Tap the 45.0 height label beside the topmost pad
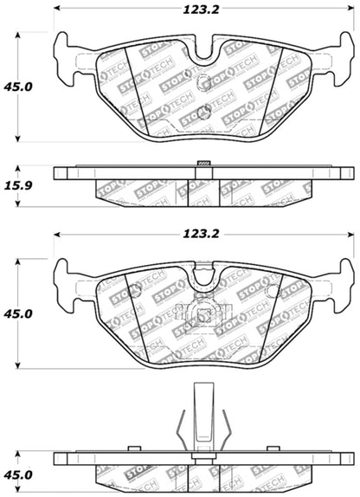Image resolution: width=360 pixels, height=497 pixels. tap(19, 87)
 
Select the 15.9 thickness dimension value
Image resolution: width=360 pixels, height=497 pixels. tap(19, 185)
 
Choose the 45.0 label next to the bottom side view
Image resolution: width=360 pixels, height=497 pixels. tap(19, 474)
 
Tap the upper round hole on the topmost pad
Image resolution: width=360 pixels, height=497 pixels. tap(205, 84)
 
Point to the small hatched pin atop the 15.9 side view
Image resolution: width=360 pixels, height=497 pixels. tap(205, 162)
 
